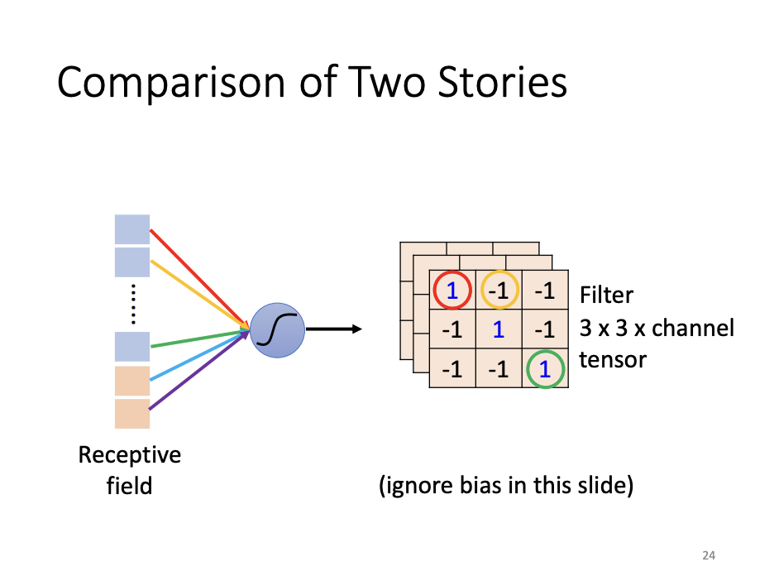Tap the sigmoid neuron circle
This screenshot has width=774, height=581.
[x=277, y=329]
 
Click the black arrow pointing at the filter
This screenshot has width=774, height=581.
[x=334, y=329]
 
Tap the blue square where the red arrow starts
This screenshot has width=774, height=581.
[x=132, y=229]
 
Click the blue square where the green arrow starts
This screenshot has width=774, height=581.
[x=132, y=346]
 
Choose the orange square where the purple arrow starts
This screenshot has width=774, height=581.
[x=132, y=414]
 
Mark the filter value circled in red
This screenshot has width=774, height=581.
[x=452, y=290]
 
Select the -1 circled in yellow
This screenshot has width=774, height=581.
[x=499, y=290]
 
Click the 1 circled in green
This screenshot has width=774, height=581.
[x=544, y=370]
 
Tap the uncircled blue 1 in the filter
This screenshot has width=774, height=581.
[x=499, y=330]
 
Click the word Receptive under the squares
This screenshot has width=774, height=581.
[x=130, y=454]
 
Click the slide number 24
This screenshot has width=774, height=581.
[x=708, y=555]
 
